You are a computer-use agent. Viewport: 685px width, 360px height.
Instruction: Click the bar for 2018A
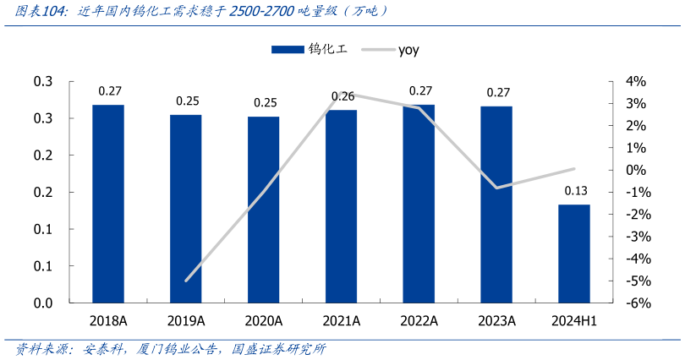108,204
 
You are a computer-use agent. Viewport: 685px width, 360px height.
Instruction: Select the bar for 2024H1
574,254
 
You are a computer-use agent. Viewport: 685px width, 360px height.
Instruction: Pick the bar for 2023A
496,205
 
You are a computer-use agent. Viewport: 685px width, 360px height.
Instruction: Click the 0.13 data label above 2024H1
574,190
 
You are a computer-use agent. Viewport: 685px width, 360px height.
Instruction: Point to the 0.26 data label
342,96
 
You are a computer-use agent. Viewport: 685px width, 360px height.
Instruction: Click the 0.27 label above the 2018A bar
109,90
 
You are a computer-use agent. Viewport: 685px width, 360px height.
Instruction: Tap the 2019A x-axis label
185,321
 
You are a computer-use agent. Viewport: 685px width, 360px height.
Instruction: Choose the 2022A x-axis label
419,321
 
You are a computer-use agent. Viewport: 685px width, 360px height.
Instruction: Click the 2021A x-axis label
342,321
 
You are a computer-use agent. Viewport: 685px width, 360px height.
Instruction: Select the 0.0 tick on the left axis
43,303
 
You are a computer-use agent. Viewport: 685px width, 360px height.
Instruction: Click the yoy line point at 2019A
186,280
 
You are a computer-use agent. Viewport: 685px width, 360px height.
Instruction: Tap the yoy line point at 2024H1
574,169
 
